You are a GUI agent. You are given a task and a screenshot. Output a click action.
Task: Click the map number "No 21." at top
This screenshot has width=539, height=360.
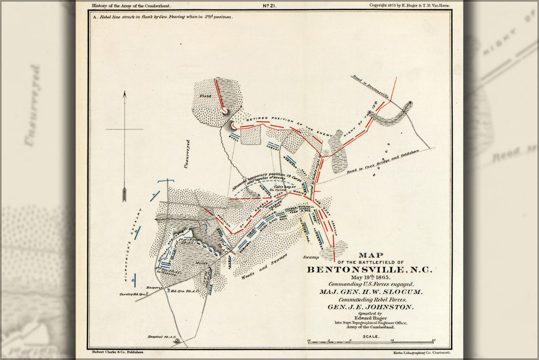pos(270,6)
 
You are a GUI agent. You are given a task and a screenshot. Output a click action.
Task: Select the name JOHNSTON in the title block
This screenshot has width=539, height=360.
pos(387,307)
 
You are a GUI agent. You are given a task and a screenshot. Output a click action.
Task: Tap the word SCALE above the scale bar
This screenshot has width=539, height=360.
pos(370,336)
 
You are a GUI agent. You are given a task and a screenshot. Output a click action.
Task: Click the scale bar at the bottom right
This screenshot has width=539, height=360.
pos(370,341)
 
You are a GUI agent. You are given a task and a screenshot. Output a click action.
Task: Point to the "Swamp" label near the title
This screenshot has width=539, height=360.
pos(311,257)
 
